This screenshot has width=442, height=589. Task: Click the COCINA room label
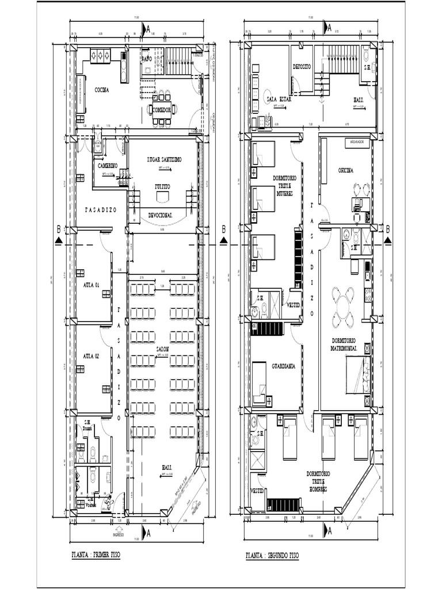tap(102, 90)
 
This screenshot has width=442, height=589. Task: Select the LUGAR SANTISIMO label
tap(165, 160)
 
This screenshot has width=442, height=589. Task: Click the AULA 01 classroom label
tap(91, 285)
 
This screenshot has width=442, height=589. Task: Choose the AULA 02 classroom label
tap(91, 357)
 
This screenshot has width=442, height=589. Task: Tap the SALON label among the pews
tap(162, 349)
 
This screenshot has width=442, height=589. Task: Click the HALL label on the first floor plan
tap(166, 467)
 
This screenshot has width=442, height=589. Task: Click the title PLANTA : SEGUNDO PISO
tap(272, 556)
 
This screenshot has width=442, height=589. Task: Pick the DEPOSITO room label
tap(302, 67)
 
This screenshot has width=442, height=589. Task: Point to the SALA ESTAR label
tap(279, 99)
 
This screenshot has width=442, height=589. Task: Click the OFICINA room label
tap(345, 170)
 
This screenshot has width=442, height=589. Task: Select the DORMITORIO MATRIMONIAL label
tap(345, 344)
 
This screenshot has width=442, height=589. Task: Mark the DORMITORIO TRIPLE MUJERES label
tap(284, 186)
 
